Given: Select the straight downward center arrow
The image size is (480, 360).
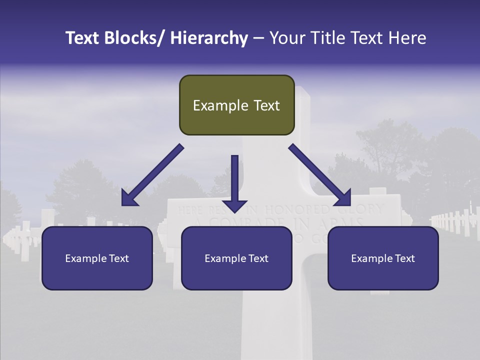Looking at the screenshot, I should pos(234,180).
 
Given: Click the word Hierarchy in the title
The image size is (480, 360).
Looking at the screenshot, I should pos(209,38).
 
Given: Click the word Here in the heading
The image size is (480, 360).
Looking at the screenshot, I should pos(406,38).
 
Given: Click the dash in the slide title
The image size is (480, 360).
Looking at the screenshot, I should pos(258,38).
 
